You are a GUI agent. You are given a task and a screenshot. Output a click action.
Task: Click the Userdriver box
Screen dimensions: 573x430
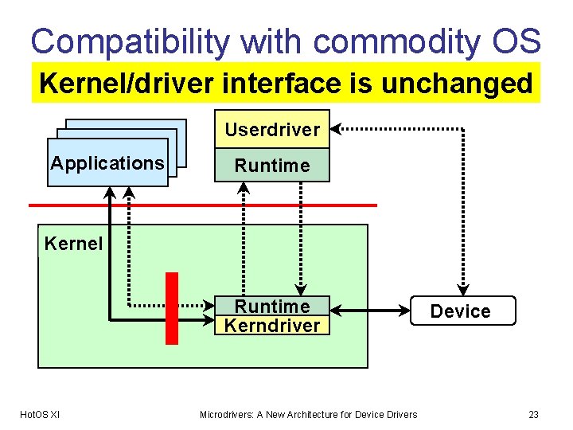coord(272,129)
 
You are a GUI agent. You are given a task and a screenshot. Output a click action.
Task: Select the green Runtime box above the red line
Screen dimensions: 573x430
coord(272,166)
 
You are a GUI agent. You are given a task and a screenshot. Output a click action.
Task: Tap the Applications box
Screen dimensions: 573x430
coord(107,163)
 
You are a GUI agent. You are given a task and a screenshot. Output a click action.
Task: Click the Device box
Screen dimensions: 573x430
coord(461,311)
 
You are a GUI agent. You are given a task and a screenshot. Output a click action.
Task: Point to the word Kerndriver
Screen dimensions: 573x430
coord(272,326)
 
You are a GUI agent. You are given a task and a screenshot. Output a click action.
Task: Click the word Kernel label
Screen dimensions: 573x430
coord(73,244)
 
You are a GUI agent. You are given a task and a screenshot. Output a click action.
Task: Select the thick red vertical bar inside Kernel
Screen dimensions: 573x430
coord(171,308)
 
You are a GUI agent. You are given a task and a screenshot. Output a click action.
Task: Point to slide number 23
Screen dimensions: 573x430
coord(533,414)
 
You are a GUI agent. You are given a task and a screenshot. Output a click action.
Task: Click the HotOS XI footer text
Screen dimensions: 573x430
coord(39,414)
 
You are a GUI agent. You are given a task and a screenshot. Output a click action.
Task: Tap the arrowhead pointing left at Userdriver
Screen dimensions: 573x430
coord(335,127)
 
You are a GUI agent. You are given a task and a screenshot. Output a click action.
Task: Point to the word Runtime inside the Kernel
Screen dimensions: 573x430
coord(272,307)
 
